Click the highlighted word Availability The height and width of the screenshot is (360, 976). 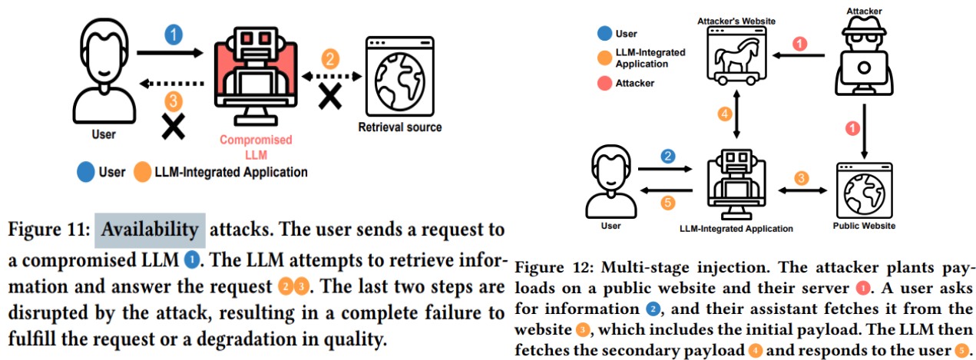tap(150, 229)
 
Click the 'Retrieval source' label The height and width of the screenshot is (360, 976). tap(400, 127)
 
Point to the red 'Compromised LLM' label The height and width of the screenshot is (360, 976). tap(256, 146)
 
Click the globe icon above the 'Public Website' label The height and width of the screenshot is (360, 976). tap(864, 191)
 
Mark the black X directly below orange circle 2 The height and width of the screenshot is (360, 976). tap(330, 97)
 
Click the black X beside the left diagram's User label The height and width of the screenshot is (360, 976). tap(174, 127)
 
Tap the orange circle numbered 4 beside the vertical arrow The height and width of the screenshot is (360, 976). tap(724, 114)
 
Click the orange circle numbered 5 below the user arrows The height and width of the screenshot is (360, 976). tap(667, 203)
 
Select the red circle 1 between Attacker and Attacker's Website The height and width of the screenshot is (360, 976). tap(799, 44)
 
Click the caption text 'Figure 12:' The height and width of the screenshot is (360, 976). tap(549, 268)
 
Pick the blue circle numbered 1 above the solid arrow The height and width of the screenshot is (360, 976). tap(174, 34)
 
